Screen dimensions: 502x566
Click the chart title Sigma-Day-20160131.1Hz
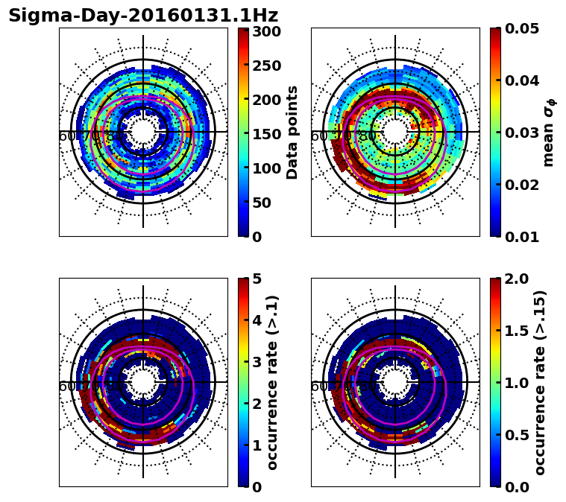pos(142,16)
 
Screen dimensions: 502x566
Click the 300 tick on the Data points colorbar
pos(266,31)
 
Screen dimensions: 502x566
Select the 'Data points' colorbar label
pos(292,133)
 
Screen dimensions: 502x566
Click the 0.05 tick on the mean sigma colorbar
pos(522,28)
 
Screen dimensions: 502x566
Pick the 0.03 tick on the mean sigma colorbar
pos(522,133)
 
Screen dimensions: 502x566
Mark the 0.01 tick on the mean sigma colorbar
pos(522,237)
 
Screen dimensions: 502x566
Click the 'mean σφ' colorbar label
pos(548,133)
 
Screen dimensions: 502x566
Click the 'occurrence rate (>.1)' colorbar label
pos(273,383)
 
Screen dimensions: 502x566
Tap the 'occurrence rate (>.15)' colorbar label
pos(540,383)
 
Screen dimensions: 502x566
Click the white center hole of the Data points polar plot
pos(143,132)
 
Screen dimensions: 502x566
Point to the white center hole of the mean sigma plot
pos(395,132)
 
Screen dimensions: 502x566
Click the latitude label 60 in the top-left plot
pos(66,136)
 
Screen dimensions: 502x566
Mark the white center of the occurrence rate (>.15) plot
pos(395,382)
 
